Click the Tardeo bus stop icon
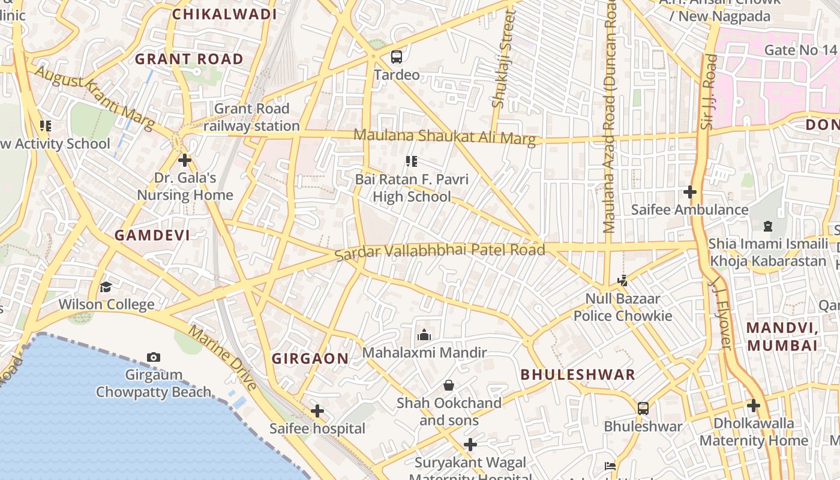(x=396, y=57)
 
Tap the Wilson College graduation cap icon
(x=106, y=287)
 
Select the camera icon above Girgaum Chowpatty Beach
(x=154, y=358)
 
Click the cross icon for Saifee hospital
(x=317, y=411)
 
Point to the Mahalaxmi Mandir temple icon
(x=424, y=335)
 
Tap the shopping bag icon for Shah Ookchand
(x=448, y=385)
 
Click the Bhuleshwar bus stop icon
(x=643, y=409)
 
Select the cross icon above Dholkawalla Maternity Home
(x=754, y=406)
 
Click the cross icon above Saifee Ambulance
(x=690, y=192)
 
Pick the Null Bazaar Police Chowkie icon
(x=623, y=280)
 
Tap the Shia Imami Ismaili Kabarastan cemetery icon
(x=767, y=226)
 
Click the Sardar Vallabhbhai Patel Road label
(x=440, y=251)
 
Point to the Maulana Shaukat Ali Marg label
(x=444, y=137)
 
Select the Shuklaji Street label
(x=503, y=60)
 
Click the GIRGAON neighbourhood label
(x=310, y=359)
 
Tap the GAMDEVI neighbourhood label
(x=152, y=235)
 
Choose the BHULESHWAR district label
(x=577, y=374)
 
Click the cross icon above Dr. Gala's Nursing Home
(x=185, y=160)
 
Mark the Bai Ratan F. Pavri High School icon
(x=411, y=161)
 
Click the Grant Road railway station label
(x=252, y=117)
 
